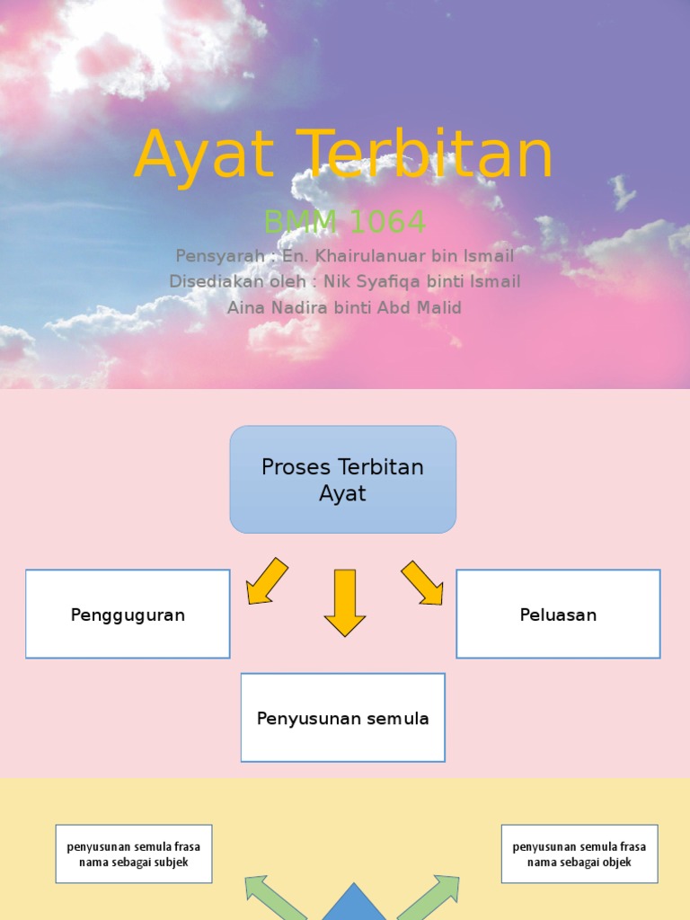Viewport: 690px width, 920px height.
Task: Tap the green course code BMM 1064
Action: point(344,221)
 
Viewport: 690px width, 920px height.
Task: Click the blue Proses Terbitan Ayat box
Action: point(343,480)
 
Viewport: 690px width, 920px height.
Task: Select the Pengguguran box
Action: point(128,615)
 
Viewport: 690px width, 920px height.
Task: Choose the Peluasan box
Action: point(558,615)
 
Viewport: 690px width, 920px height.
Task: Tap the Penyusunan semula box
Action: point(342,718)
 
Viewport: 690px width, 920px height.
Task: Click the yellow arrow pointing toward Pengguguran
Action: point(266,581)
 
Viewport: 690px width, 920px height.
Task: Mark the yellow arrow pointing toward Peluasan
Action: point(422,582)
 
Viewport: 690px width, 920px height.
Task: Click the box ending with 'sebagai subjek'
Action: point(134,854)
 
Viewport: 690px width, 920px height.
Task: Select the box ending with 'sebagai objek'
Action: point(579,854)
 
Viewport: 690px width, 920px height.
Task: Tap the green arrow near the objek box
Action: point(429,898)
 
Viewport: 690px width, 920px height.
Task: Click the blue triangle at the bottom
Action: point(353,906)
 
